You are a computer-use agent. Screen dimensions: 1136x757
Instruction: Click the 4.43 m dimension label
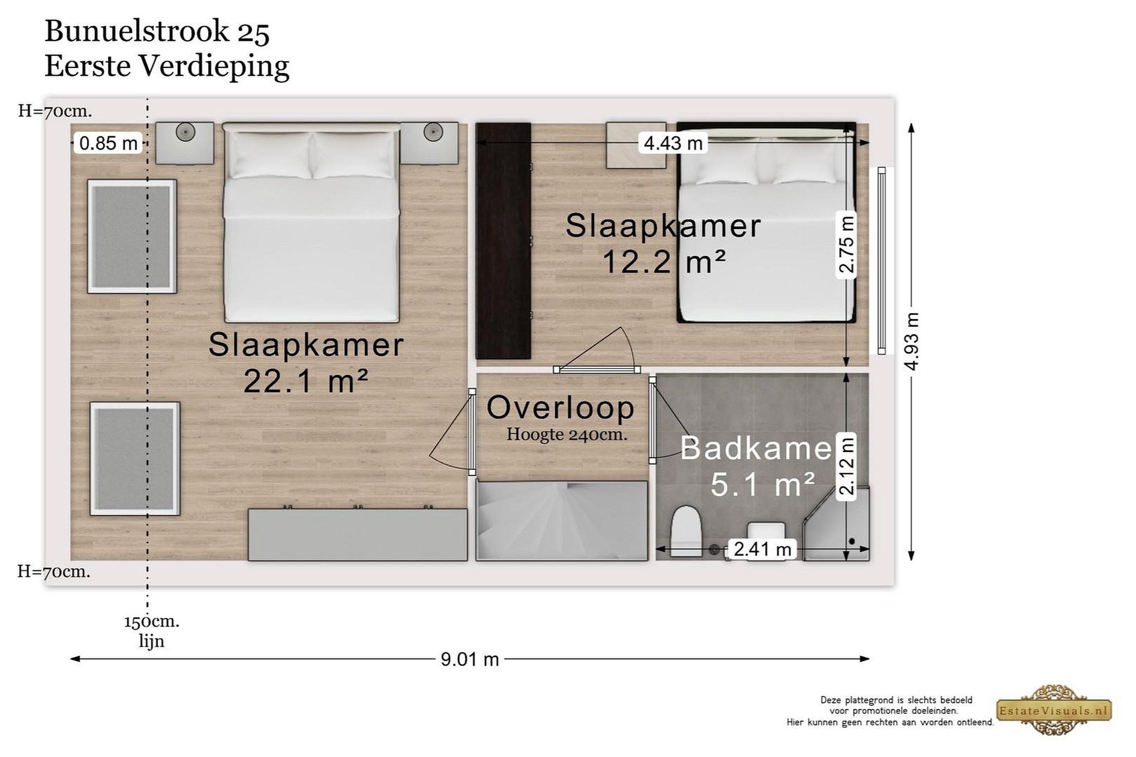click(x=673, y=143)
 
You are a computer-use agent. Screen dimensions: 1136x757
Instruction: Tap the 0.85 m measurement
click(x=108, y=143)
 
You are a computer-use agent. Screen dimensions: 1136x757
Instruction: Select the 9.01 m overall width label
click(x=469, y=659)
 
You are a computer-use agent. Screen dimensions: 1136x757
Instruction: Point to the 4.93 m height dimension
click(x=912, y=341)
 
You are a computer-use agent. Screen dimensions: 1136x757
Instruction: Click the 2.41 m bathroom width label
click(x=762, y=549)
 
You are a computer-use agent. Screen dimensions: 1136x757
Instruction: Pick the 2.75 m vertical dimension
click(x=846, y=245)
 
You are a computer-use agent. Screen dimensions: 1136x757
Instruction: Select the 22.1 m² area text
click(x=306, y=381)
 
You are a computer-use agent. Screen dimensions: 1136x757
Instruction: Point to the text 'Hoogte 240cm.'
click(x=566, y=434)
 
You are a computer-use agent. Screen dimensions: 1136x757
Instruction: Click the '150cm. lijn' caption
click(x=151, y=631)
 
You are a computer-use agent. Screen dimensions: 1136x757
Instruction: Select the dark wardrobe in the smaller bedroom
click(x=503, y=241)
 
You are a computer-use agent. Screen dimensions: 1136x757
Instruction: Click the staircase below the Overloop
click(x=562, y=520)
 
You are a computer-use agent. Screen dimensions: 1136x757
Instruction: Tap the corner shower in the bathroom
click(x=836, y=524)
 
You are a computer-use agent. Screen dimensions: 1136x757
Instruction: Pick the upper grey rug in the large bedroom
click(x=132, y=237)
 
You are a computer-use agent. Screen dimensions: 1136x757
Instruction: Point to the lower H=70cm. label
click(x=54, y=572)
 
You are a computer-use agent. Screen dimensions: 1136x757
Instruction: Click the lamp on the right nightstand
click(x=433, y=131)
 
